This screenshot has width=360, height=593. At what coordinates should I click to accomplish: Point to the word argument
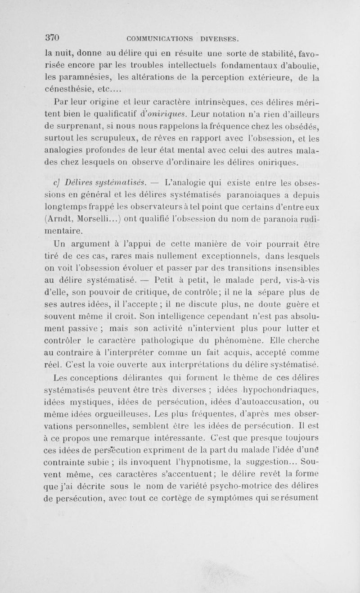(90, 246)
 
